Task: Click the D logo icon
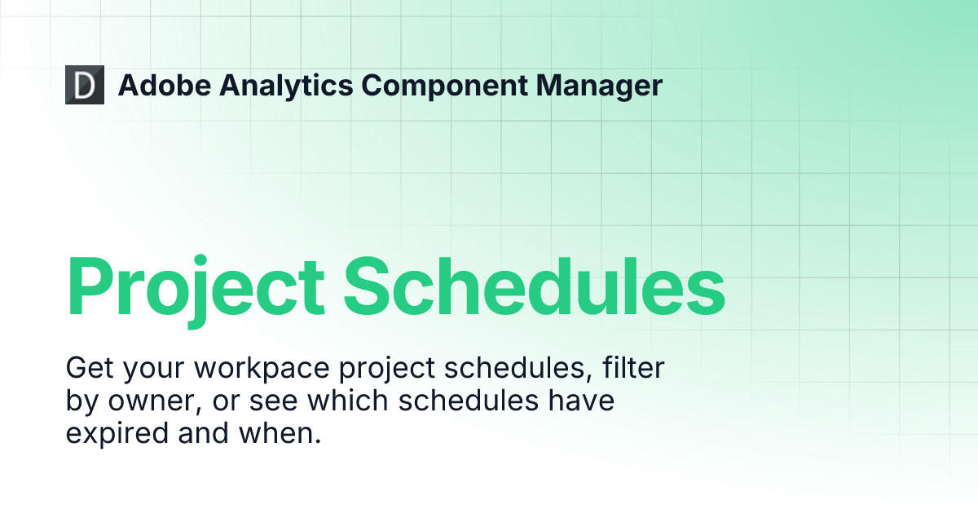point(85,85)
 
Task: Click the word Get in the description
point(88,368)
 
